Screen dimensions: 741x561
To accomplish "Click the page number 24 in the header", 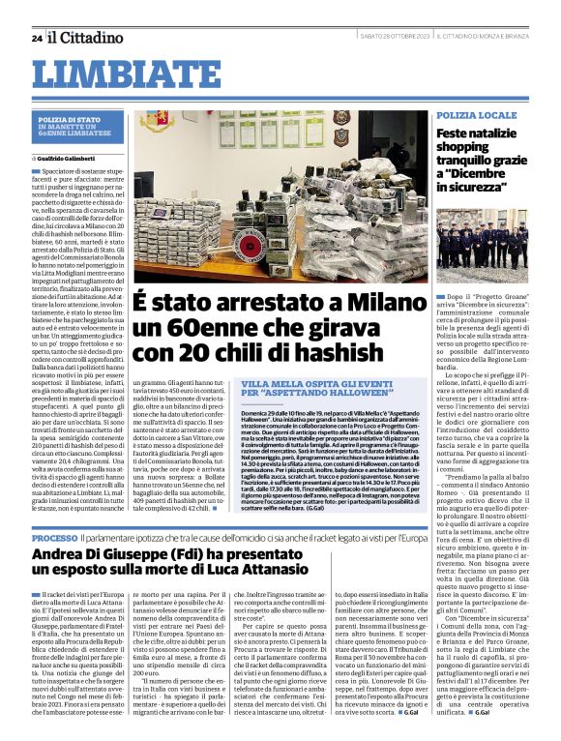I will click(36, 38).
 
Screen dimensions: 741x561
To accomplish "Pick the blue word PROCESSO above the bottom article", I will click(54, 536).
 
